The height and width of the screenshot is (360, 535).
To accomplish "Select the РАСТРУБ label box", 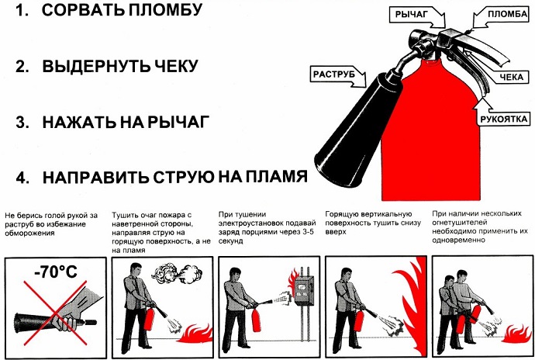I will tap(334, 74).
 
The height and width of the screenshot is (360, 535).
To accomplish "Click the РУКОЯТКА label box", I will tap(503, 119).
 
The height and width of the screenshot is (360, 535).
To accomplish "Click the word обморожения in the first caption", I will tap(33, 233).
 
